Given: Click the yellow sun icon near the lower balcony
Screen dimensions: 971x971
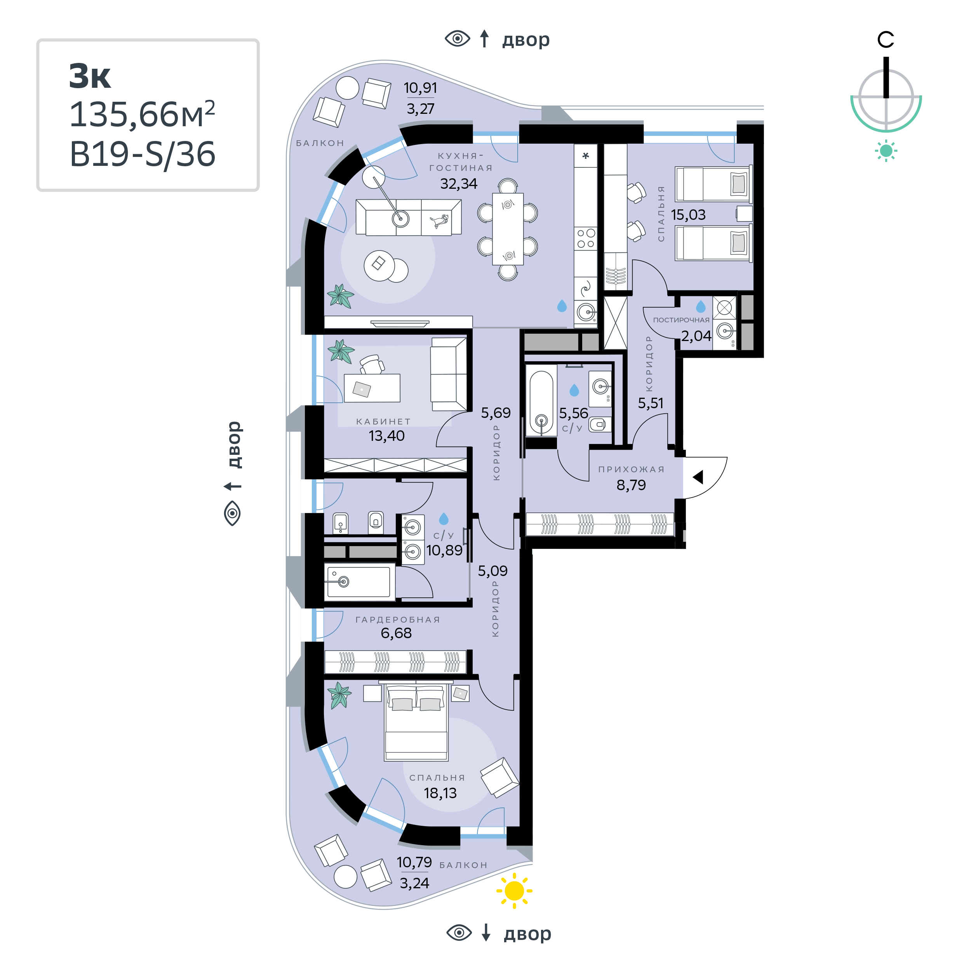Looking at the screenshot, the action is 514,891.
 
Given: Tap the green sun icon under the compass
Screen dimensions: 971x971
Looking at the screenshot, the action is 886,151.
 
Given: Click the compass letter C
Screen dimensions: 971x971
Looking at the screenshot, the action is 886,40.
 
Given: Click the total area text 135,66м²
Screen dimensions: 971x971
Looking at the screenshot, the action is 142,114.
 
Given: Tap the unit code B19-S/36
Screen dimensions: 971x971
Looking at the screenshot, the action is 142,154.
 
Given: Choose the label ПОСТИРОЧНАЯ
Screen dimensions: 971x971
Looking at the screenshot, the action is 681,320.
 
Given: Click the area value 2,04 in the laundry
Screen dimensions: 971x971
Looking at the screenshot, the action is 696,336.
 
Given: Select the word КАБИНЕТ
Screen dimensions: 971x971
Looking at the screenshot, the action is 383,421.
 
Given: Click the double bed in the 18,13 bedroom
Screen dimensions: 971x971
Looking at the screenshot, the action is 416,722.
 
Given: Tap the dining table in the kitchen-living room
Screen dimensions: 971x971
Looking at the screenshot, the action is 508,229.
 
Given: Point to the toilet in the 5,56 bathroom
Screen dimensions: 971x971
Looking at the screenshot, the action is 600,425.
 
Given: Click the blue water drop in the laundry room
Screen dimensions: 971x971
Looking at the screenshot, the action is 701,306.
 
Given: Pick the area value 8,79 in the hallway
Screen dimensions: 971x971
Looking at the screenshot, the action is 631,485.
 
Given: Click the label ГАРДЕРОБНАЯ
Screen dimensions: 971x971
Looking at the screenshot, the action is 398,619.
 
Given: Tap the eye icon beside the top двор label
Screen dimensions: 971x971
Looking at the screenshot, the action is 458,39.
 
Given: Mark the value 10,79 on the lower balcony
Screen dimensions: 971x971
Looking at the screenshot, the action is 414,862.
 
